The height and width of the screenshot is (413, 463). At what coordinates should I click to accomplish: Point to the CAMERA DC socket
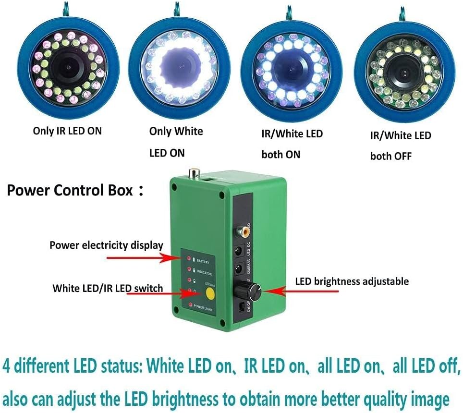click(x=238, y=269)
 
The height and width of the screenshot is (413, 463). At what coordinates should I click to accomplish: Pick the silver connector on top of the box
click(x=194, y=172)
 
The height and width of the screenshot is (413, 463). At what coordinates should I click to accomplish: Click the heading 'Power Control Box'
click(x=70, y=190)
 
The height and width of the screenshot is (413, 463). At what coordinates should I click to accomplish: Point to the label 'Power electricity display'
click(x=106, y=245)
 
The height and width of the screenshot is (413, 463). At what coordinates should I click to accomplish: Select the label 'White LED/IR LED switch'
click(x=108, y=289)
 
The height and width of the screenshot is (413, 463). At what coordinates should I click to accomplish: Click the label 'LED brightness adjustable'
click(x=352, y=281)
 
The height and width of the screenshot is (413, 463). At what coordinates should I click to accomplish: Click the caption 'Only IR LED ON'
click(x=67, y=131)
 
